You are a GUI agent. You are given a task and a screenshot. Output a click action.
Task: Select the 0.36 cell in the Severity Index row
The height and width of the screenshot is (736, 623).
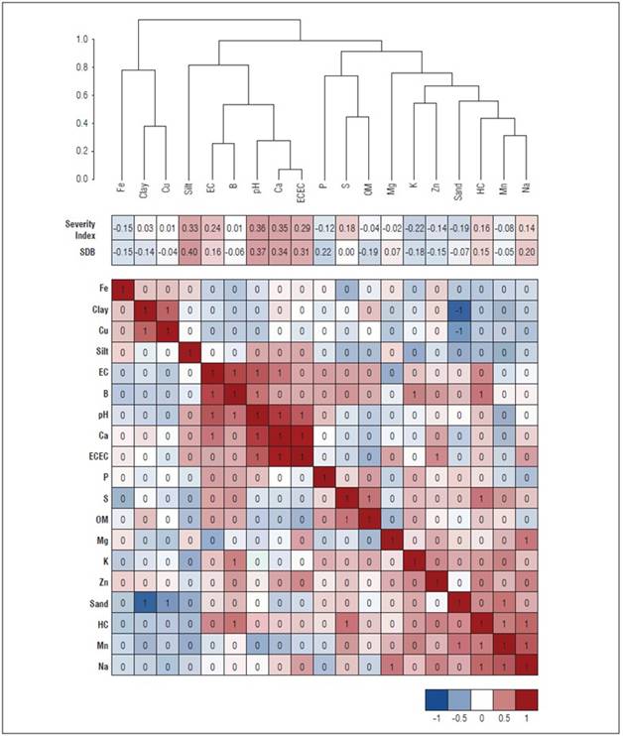[256, 228]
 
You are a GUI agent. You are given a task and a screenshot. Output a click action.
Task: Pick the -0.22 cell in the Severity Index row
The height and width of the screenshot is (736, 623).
[415, 228]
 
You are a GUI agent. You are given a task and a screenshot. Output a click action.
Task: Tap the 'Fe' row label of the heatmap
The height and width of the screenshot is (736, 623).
[102, 290]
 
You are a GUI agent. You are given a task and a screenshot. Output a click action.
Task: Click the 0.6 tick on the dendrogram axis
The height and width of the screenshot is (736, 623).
[82, 95]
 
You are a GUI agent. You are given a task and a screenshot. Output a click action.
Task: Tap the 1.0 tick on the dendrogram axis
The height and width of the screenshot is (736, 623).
[82, 40]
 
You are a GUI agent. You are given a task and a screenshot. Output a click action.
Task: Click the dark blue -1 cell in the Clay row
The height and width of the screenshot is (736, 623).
[459, 309]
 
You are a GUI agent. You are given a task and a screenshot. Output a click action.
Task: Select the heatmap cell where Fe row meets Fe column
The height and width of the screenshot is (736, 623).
[123, 290]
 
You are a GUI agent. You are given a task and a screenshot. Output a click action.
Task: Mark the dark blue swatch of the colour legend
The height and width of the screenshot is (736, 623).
[437, 697]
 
